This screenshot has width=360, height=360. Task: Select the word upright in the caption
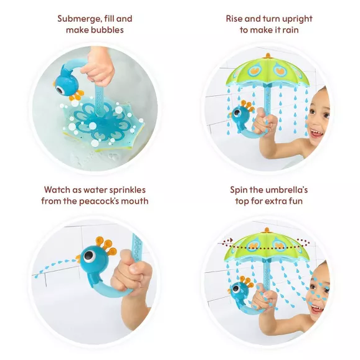click(297, 19)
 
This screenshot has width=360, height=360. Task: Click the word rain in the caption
click(290, 30)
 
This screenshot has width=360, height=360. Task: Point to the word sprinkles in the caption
click(127, 191)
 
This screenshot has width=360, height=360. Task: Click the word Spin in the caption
click(239, 191)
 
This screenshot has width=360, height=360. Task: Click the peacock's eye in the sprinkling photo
click(90, 256)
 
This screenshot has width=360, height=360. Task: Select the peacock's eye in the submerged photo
click(60, 90)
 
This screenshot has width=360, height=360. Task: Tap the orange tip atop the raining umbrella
click(268, 55)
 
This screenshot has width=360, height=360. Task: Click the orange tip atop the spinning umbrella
click(267, 230)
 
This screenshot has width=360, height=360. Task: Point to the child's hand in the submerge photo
click(98, 67)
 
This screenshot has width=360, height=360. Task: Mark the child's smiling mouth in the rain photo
click(316, 133)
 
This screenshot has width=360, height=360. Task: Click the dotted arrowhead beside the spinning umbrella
click(231, 240)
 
